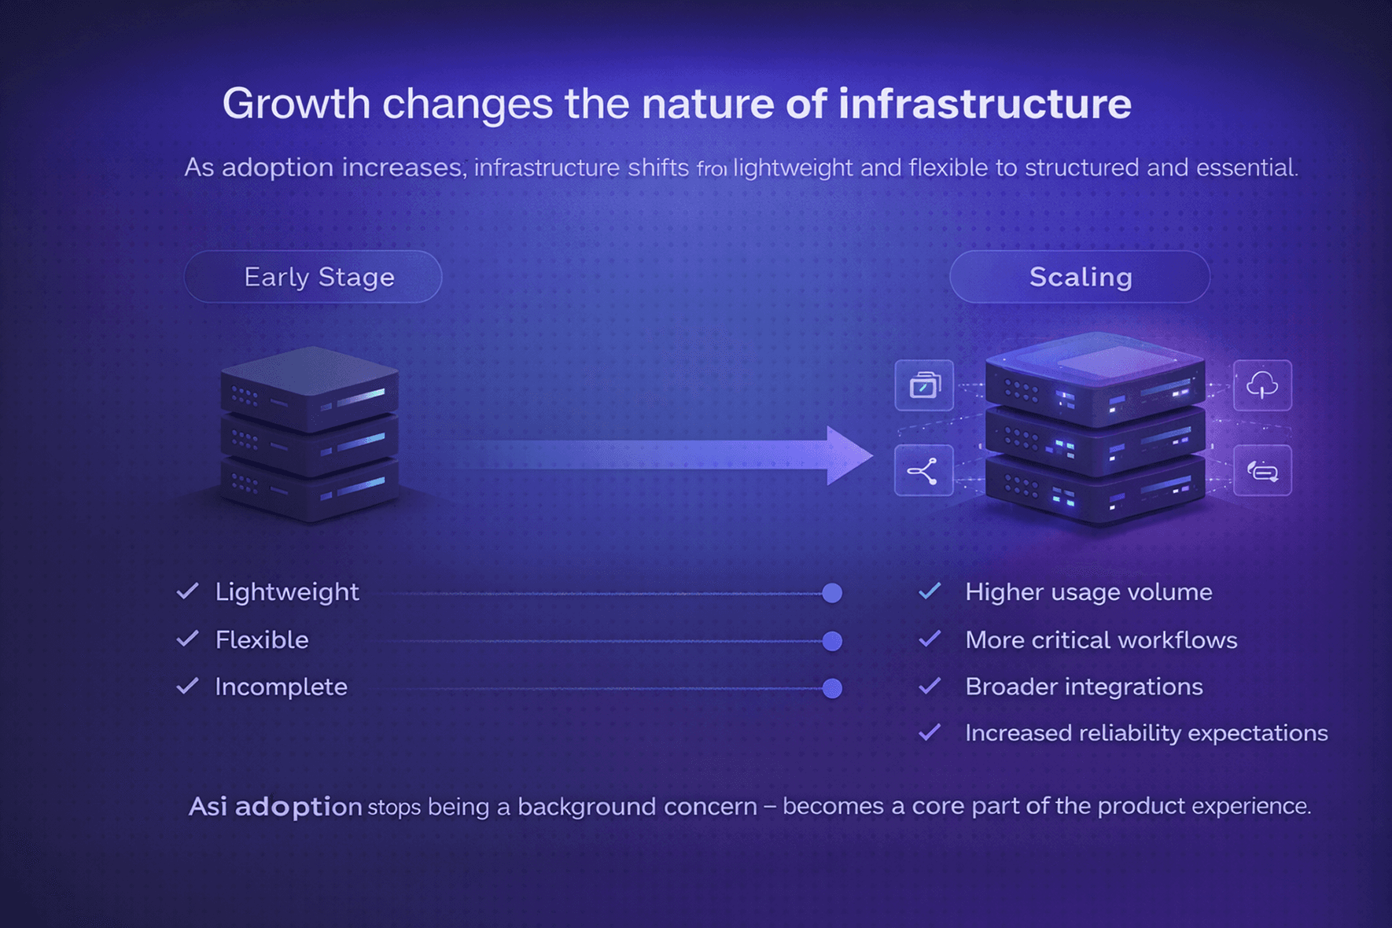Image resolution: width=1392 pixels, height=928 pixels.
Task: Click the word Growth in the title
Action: coord(296,104)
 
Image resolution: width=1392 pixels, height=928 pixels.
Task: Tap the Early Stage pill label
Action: coord(313,277)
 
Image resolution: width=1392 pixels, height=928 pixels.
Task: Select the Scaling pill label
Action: coord(1080,277)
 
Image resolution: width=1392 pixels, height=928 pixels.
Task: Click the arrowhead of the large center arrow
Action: coord(848,455)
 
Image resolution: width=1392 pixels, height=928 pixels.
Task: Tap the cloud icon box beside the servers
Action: coord(1262,385)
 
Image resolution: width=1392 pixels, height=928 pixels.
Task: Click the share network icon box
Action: coord(924,471)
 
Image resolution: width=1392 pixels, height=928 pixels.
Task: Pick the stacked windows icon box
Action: coord(924,385)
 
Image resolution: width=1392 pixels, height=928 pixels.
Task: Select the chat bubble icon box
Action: coord(1262,471)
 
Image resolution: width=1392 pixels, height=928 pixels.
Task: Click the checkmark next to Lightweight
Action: coord(187,591)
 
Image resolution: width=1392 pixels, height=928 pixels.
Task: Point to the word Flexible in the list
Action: coord(262,640)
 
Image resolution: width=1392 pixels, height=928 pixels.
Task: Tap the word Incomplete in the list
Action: coord(281,687)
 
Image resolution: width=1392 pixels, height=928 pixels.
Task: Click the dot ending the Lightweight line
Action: coord(832,593)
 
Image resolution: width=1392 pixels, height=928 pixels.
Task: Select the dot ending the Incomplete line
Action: coord(832,689)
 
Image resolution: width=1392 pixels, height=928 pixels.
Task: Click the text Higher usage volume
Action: coord(1088,592)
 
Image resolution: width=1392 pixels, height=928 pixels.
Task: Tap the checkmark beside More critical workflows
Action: coord(930,639)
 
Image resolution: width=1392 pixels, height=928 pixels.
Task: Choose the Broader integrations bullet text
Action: coord(1084,687)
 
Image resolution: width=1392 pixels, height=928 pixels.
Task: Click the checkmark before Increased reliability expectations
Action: coord(930,733)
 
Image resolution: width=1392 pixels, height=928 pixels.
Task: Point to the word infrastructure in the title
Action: coord(985,104)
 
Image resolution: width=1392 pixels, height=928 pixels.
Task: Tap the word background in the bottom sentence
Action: coord(587,807)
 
